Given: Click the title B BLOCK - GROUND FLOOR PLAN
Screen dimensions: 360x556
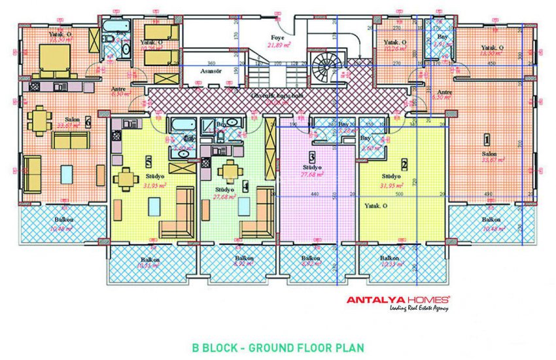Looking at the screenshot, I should [277, 348].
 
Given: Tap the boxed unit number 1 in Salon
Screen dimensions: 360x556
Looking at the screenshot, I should [486, 139].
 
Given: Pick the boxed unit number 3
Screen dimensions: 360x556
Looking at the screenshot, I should [312, 157].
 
